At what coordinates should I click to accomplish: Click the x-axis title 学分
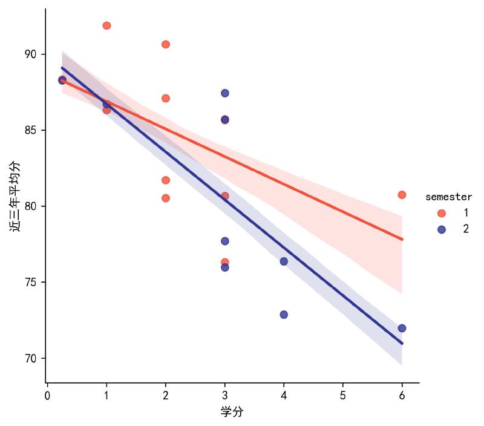click(x=232, y=412)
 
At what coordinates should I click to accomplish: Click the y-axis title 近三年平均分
click(x=15, y=196)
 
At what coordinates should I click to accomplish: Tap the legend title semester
click(x=448, y=197)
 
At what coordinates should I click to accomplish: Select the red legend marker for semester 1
click(x=442, y=213)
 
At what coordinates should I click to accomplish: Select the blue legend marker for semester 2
click(x=442, y=229)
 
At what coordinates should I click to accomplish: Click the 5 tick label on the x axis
click(x=342, y=396)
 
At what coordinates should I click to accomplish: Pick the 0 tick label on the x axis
click(x=47, y=396)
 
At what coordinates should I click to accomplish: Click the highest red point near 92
click(x=106, y=25)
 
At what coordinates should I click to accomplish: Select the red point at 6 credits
click(x=402, y=195)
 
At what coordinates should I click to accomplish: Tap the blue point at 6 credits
click(x=402, y=329)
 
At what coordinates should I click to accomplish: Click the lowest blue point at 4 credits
click(x=284, y=315)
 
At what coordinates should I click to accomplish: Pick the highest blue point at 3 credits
click(x=225, y=93)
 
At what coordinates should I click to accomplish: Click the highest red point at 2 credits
click(x=166, y=44)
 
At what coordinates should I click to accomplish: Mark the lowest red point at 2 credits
click(x=166, y=198)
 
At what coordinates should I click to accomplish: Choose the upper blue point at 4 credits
click(x=284, y=261)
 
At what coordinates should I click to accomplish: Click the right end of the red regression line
click(x=402, y=240)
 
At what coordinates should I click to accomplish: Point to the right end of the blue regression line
click(x=402, y=344)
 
